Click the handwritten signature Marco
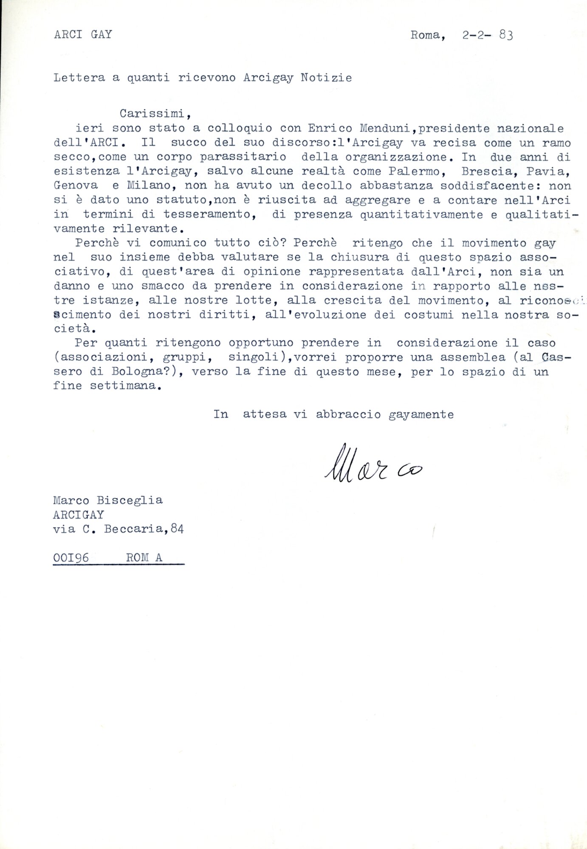coord(374,467)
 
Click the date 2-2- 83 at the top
coord(487,36)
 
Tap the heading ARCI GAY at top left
coord(83,35)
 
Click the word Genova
coord(76,186)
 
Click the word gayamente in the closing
coord(421,414)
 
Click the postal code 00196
coord(71,557)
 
